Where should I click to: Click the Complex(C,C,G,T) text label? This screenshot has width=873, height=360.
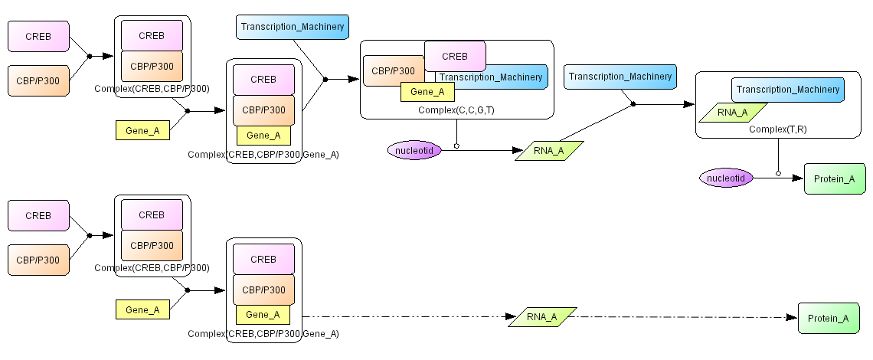click(456, 110)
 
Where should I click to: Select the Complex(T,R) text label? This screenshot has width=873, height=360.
click(777, 129)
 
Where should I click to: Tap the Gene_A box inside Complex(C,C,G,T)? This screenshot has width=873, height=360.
click(427, 92)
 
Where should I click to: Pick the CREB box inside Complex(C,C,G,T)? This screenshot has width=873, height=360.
click(455, 56)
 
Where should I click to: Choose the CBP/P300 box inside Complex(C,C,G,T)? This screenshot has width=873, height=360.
click(392, 71)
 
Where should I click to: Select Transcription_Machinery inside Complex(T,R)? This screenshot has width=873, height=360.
click(787, 90)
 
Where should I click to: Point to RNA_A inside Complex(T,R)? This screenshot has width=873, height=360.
click(733, 112)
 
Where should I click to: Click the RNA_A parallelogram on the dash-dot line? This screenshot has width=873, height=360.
click(541, 317)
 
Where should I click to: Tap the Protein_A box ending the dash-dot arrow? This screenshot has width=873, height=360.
click(829, 318)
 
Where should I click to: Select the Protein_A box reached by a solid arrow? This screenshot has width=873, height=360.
click(834, 178)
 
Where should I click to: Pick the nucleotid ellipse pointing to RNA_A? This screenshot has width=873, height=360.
click(414, 151)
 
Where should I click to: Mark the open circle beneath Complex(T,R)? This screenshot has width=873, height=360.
click(778, 174)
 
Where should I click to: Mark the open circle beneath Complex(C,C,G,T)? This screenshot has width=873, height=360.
click(456, 146)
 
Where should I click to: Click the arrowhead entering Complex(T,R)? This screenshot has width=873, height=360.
click(689, 104)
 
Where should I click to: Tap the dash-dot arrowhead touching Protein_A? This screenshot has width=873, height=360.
click(793, 317)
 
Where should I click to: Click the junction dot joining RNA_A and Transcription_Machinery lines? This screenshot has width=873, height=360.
click(633, 104)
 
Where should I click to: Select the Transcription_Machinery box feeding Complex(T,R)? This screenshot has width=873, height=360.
click(620, 76)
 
